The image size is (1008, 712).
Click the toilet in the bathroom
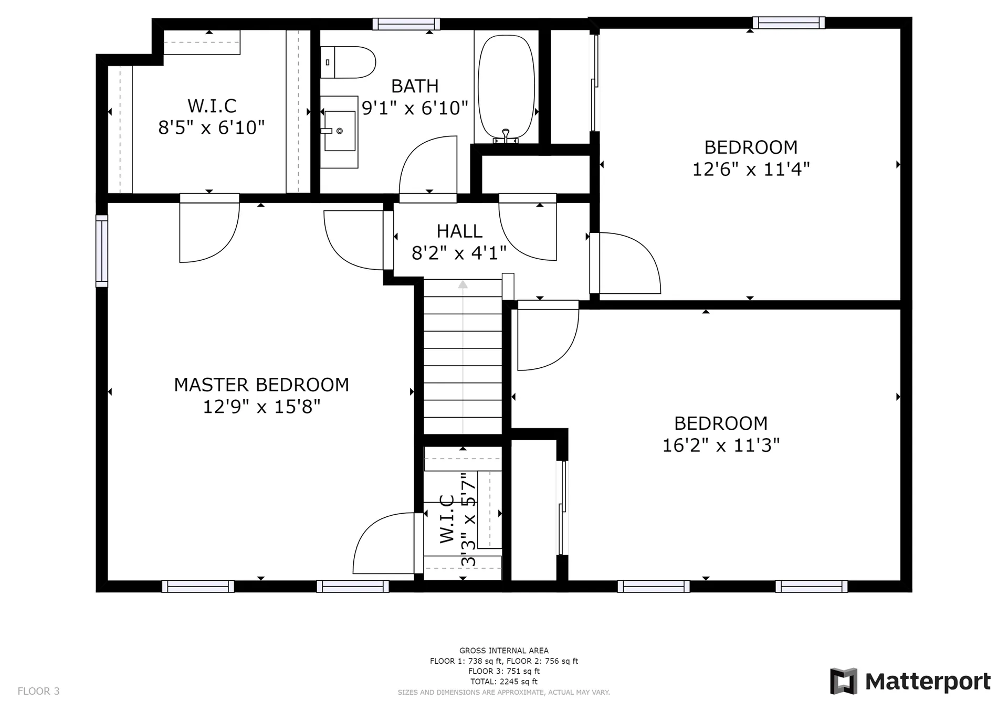pos(348,62)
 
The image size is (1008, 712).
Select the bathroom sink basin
pos(340,131)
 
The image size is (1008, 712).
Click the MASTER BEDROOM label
pos(261,385)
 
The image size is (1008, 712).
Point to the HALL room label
pos(459,231)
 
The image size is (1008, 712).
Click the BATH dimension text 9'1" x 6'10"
pos(415,108)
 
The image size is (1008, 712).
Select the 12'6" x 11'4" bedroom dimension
pos(751,169)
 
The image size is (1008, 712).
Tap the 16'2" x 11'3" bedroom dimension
pos(721,445)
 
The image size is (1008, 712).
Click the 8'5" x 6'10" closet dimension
pos(212,127)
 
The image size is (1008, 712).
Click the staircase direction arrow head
pos(463,284)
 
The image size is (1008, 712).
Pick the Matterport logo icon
pos(844,681)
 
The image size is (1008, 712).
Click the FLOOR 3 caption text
pos(39,691)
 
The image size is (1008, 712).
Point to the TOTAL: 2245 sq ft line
pos(504,682)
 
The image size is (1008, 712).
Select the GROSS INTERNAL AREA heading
pos(504,651)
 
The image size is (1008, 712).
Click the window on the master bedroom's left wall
pos(101,251)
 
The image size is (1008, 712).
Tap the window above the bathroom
pos(406,24)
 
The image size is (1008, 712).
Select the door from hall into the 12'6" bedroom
pos(625,263)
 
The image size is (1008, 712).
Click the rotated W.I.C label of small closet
pos(447,519)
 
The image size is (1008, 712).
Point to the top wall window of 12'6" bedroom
pos(789,23)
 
